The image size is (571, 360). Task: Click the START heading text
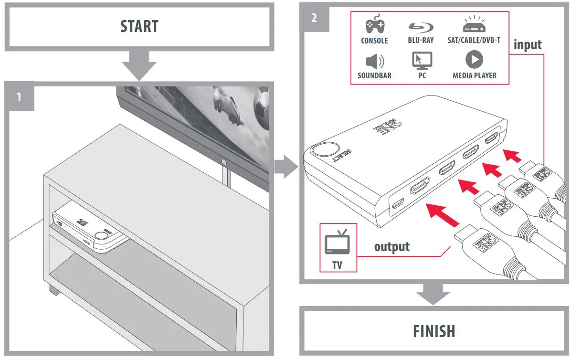click(139, 26)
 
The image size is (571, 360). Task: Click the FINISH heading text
click(434, 331)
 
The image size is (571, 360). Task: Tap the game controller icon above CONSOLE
click(374, 25)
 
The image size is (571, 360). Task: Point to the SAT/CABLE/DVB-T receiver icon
click(474, 24)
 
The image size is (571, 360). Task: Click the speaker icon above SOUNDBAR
click(374, 61)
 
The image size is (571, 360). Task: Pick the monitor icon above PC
click(422, 60)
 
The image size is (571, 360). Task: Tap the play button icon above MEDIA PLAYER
click(474, 60)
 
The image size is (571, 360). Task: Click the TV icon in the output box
click(337, 242)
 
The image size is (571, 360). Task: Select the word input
click(527, 44)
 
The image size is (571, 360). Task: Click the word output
click(391, 247)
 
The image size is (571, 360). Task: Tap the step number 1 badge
click(19, 97)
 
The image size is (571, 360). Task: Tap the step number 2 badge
click(313, 18)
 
